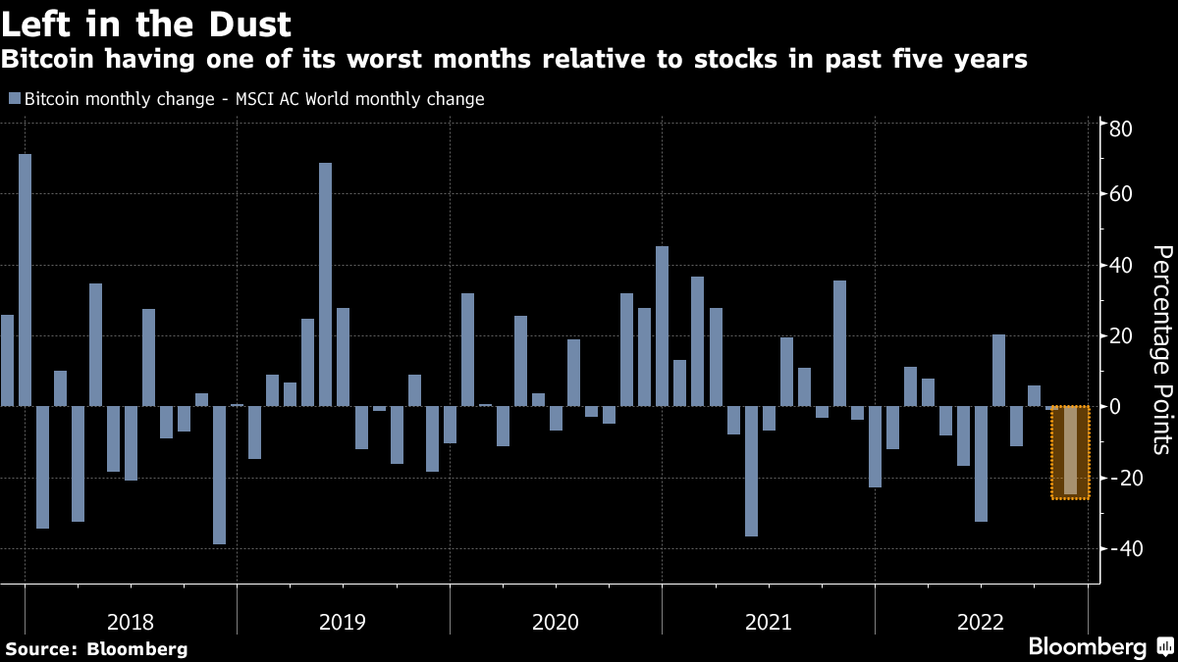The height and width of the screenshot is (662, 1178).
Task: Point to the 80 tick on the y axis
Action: (1122, 129)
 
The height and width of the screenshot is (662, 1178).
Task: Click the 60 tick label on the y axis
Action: (1122, 194)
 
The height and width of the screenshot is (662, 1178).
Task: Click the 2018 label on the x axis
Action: (131, 621)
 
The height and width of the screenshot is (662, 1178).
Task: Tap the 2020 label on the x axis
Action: (556, 621)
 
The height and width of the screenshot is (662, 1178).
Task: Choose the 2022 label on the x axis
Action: (980, 621)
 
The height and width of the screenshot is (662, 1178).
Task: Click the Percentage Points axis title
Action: (1161, 349)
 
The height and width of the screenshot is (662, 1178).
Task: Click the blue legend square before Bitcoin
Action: (15, 99)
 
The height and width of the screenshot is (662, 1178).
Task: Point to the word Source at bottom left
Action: (42, 648)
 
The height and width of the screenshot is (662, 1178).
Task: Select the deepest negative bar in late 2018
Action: (219, 475)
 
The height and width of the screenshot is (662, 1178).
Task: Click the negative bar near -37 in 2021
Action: (751, 471)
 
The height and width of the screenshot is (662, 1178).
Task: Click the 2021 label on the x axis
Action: (768, 621)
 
